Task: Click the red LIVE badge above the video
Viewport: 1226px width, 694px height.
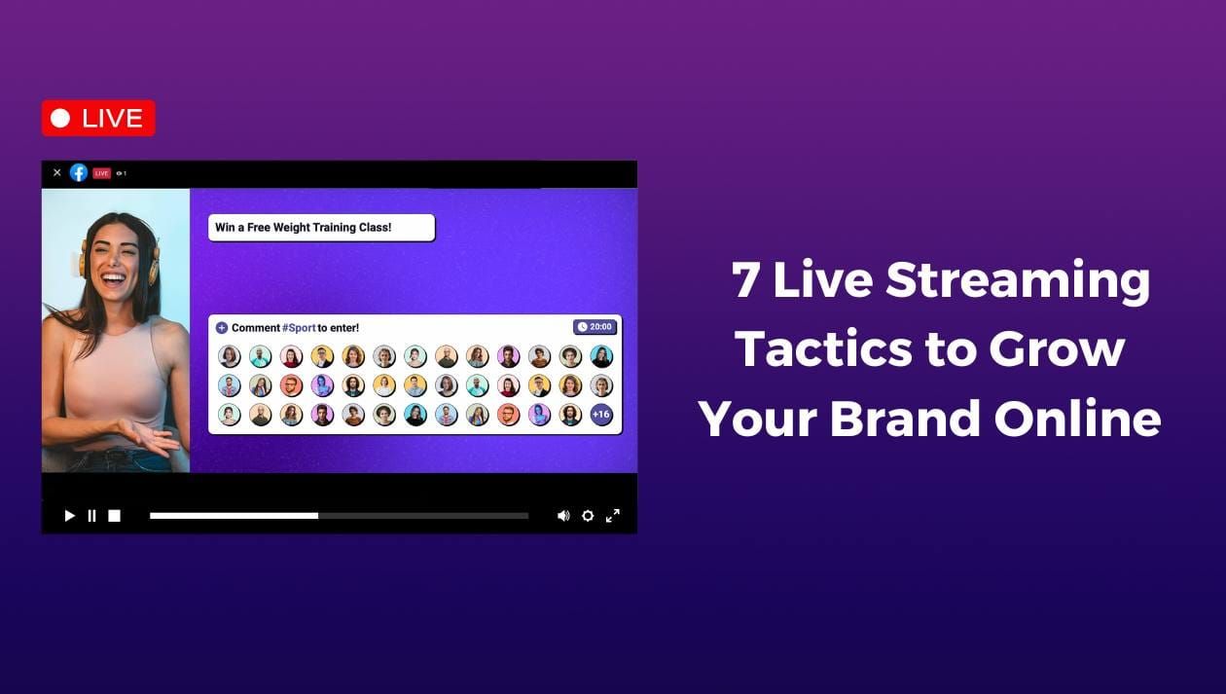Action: point(98,119)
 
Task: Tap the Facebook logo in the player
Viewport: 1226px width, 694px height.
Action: point(79,173)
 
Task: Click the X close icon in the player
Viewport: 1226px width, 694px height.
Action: point(56,173)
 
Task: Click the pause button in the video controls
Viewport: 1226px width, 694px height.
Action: point(91,516)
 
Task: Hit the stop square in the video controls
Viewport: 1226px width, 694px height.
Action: point(114,516)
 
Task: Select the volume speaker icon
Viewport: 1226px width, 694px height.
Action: point(563,516)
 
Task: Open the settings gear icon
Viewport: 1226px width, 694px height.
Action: point(588,516)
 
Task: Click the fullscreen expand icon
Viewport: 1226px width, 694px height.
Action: point(613,516)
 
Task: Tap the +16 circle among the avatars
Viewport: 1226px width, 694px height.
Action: point(601,415)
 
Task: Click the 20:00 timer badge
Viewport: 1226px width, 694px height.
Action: point(595,327)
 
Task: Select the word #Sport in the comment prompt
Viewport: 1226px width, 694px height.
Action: point(299,328)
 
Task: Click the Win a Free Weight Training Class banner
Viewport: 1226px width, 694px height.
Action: point(321,228)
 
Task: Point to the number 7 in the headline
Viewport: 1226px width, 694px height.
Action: point(745,280)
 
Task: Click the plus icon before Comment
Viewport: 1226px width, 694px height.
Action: point(222,328)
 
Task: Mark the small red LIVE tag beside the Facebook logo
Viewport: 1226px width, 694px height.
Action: point(101,173)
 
